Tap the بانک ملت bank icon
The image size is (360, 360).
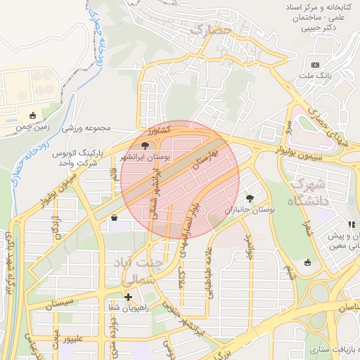click(314, 65)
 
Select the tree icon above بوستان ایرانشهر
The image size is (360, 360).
click(145, 146)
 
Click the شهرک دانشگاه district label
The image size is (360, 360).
click(308, 192)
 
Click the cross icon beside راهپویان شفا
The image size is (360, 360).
click(128, 297)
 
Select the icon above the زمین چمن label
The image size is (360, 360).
click(32, 116)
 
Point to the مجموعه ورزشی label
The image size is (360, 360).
click(88, 128)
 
